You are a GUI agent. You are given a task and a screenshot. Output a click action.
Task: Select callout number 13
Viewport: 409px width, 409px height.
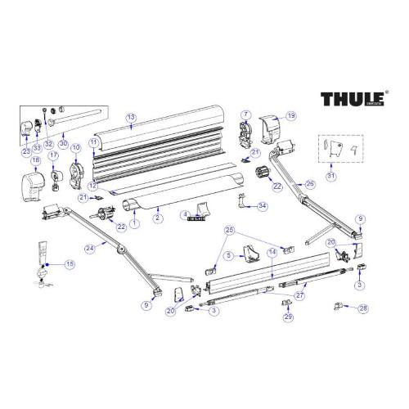tap(131, 118)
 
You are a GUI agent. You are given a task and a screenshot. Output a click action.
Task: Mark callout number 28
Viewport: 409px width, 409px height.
tap(364, 308)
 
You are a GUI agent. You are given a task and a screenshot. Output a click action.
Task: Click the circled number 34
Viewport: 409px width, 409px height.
tap(261, 205)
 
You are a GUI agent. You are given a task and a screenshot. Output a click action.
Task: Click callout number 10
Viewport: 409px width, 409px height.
tap(75, 148)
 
